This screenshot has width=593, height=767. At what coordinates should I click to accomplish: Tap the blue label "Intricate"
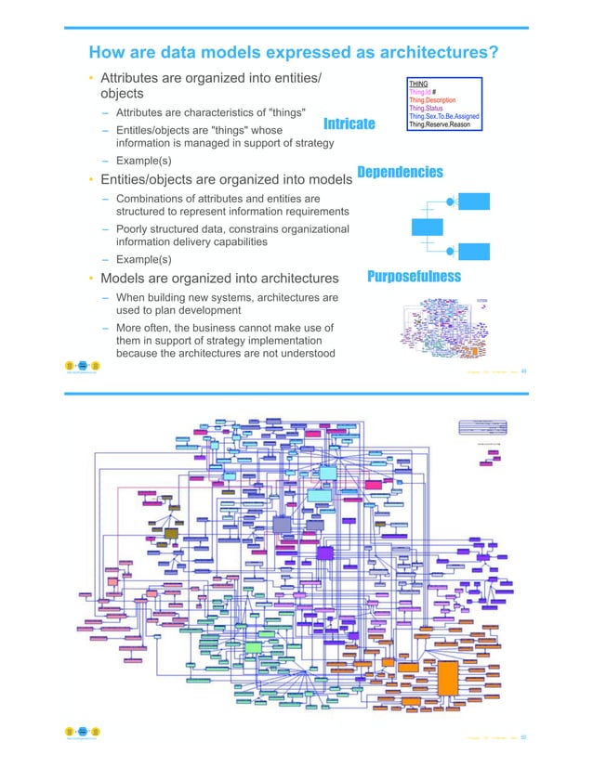tap(349, 123)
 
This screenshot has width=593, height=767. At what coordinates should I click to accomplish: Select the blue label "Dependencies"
tap(400, 173)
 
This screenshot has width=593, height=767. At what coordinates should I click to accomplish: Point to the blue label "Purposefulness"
tap(414, 277)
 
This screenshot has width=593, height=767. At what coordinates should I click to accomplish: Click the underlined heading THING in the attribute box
tap(418, 84)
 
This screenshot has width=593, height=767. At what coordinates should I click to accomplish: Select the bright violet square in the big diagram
tap(325, 552)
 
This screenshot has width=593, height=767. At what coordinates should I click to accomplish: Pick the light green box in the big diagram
tap(253, 646)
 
